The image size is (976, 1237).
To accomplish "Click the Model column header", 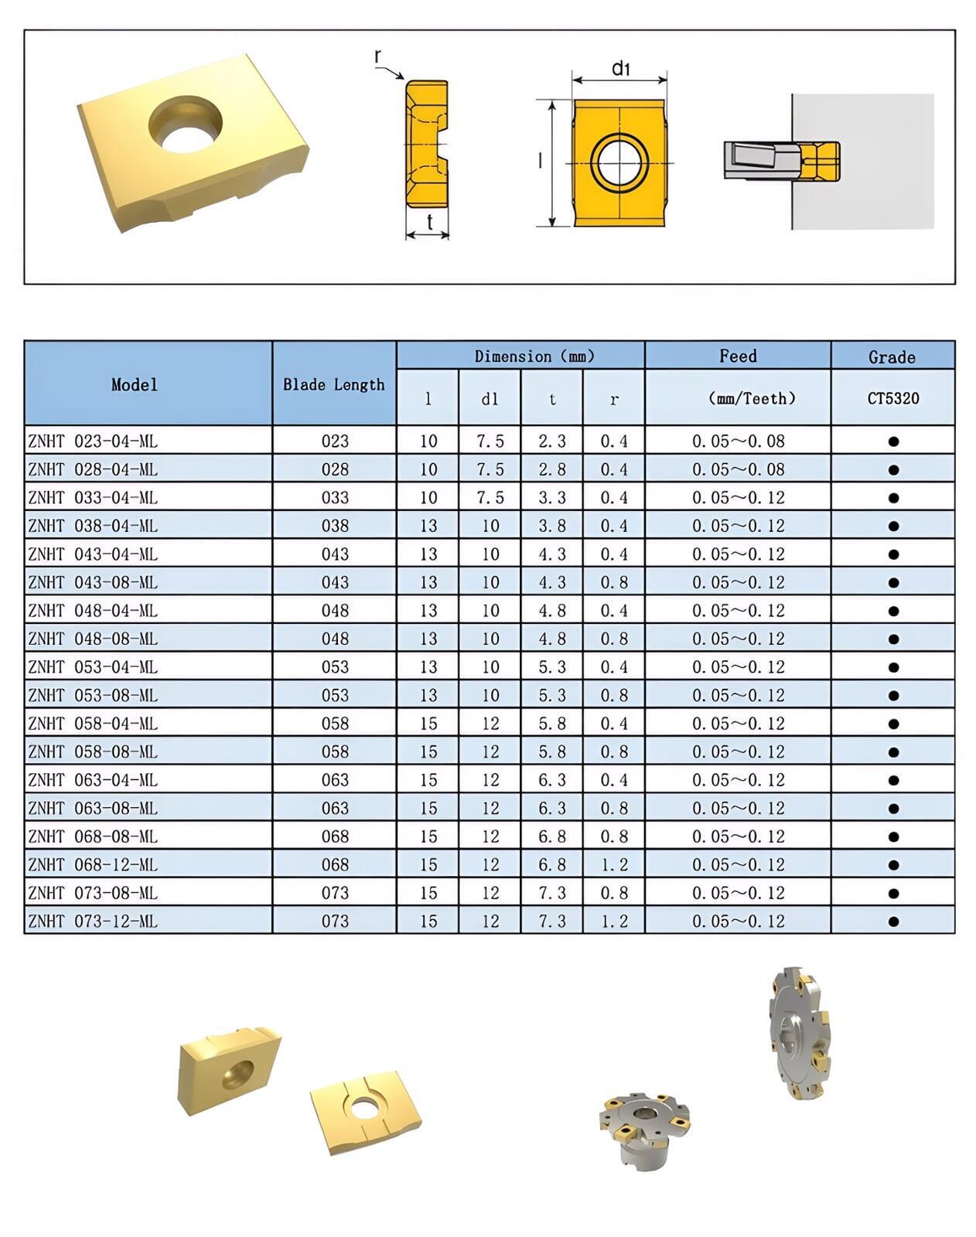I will tap(135, 384).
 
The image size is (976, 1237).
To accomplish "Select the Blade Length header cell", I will tap(334, 384).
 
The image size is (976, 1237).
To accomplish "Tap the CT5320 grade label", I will tap(892, 398).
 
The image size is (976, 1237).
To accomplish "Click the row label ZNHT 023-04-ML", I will tap(93, 441).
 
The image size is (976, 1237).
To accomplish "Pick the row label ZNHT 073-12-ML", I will tap(93, 921).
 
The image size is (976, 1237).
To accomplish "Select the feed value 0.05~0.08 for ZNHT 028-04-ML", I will tap(738, 469).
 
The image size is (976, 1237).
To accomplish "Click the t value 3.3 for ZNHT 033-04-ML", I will tap(552, 497).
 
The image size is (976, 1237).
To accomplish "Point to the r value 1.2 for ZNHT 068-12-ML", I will tap(614, 864).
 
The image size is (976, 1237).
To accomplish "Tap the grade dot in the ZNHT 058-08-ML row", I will tap(893, 751).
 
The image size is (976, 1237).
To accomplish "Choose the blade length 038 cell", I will tap(335, 526).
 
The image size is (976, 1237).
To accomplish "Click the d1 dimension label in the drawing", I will tap(621, 69).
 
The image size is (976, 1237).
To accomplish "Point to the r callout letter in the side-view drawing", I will tap(377, 56).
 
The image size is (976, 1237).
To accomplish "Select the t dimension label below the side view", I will tap(429, 222).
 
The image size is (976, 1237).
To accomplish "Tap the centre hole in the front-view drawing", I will tap(619, 163).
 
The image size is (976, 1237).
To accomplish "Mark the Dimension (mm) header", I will tap(534, 356).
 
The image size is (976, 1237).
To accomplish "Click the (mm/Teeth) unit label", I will tap(738, 398).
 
